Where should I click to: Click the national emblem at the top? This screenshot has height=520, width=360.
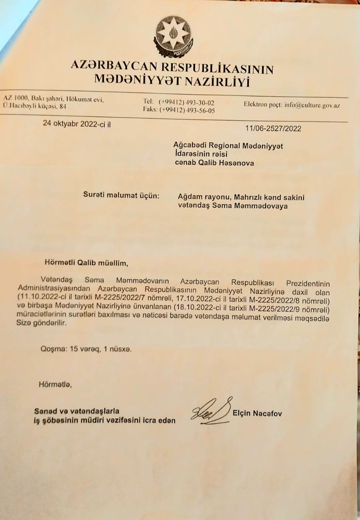pyautogui.click(x=173, y=36)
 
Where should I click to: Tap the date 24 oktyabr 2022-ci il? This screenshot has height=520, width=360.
pyautogui.click(x=77, y=124)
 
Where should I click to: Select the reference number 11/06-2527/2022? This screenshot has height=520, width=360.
pyautogui.click(x=273, y=128)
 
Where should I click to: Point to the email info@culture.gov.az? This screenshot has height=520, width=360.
pyautogui.click(x=312, y=105)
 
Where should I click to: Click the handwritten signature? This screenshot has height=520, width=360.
pyautogui.click(x=211, y=411)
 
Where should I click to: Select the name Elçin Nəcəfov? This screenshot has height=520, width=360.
pyautogui.click(x=257, y=414)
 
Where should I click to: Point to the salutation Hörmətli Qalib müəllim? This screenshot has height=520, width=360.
pyautogui.click(x=86, y=263)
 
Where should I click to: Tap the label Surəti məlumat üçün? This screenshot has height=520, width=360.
pyautogui.click(x=121, y=195)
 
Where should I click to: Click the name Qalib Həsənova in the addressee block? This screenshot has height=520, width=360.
pyautogui.click(x=225, y=163)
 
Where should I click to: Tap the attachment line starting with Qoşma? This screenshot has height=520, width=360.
pyautogui.click(x=86, y=349)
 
